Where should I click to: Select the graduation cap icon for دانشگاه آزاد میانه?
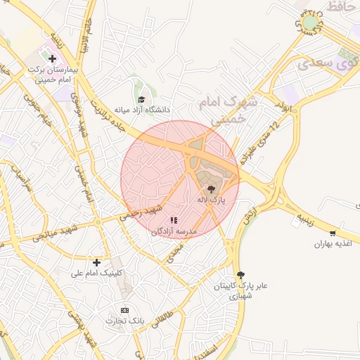[x=141, y=100]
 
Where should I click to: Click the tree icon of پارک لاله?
[x=211, y=188]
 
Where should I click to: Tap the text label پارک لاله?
[x=212, y=200]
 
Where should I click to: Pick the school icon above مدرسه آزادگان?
[x=174, y=220]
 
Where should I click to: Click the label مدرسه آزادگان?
[x=175, y=231]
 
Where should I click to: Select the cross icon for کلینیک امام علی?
[x=97, y=262]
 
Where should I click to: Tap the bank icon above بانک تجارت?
[x=125, y=310]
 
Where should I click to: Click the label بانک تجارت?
[x=125, y=321]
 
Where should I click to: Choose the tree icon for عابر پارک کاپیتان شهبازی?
[x=241, y=274]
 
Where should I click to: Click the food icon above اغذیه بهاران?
[x=333, y=233]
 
